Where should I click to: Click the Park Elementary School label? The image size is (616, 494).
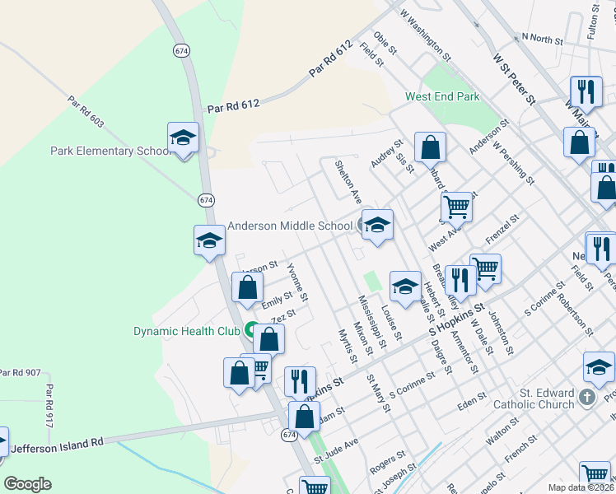[x=109, y=151]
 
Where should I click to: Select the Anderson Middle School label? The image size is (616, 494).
[x=289, y=226]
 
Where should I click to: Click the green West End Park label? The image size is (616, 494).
[x=442, y=97]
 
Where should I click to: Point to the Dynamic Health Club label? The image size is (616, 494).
[x=186, y=332]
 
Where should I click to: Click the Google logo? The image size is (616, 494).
[x=27, y=484]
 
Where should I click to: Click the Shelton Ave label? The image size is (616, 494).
[x=348, y=181]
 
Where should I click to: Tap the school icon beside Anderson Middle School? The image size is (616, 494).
[x=377, y=225]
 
